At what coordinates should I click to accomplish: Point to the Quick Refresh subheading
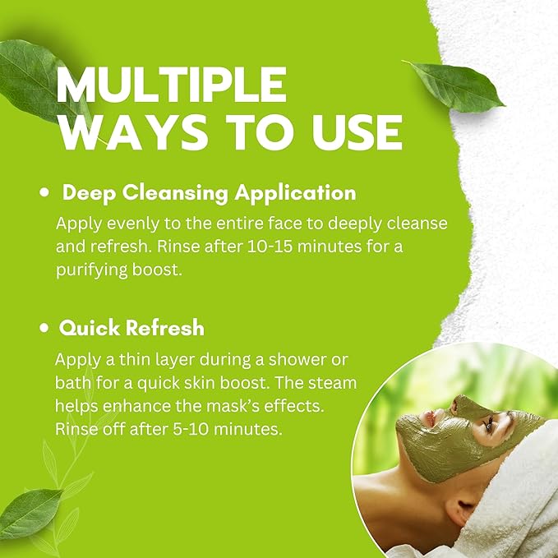[131, 328]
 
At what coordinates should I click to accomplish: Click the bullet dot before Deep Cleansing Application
[46, 193]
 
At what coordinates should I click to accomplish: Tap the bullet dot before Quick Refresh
[46, 329]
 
